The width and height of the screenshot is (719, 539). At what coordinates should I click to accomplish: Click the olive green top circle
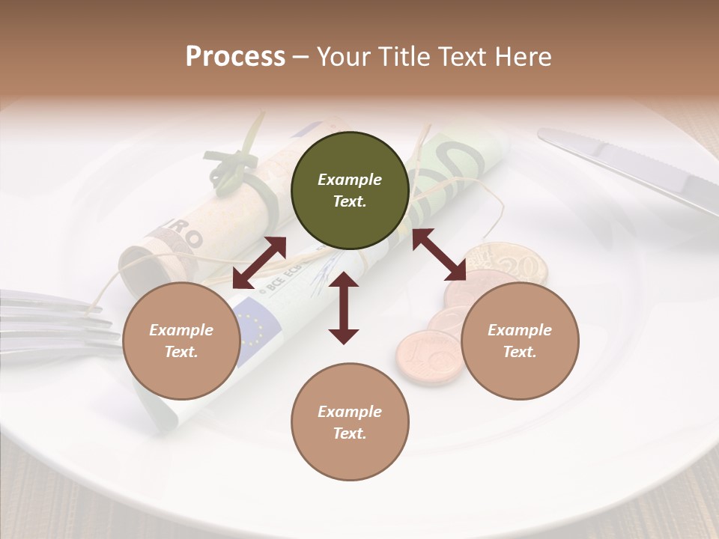350,190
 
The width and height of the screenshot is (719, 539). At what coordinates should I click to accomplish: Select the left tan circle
181,341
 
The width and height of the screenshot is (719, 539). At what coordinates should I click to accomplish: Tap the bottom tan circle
350,422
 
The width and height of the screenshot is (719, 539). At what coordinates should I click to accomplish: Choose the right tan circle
520,341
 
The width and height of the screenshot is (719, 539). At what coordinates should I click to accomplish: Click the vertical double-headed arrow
344,308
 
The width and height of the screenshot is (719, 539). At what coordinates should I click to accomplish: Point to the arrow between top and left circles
259,263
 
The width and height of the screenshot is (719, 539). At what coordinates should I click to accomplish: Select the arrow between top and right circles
440,255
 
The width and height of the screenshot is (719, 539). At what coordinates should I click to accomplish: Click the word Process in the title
235,57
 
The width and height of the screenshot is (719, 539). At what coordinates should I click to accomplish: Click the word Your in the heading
341,57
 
